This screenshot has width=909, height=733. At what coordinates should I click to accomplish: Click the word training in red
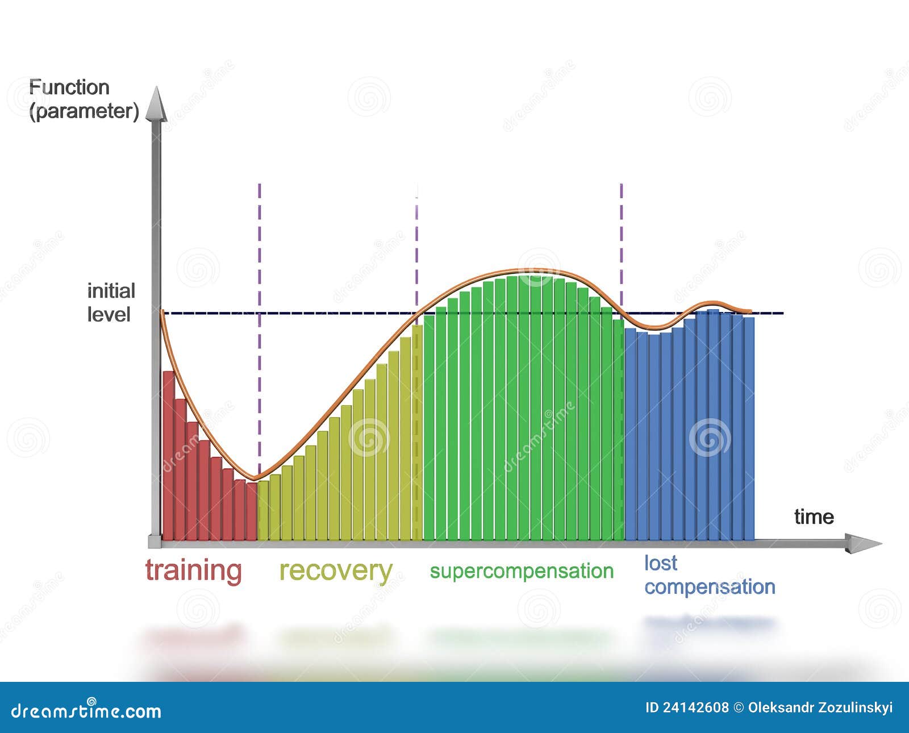point(193,570)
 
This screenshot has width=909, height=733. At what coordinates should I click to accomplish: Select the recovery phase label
point(335,570)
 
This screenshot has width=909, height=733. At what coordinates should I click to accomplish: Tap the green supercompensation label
point(522,571)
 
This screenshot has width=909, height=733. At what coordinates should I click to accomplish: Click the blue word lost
point(660,563)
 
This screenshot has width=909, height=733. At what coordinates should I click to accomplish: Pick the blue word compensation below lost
point(710,586)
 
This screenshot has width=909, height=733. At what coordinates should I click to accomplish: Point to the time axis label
point(814,517)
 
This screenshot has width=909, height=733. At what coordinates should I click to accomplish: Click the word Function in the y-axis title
point(69,88)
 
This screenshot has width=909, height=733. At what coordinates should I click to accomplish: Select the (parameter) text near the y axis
point(84,111)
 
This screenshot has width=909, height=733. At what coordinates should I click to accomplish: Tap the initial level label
point(111,302)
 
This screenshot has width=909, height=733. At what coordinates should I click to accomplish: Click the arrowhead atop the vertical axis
point(156,105)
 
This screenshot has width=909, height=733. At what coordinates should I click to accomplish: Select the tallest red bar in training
point(169,455)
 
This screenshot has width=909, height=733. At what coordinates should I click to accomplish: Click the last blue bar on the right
point(749,426)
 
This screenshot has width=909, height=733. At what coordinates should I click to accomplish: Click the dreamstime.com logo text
point(86,711)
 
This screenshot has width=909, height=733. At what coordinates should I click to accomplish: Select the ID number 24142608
point(695,707)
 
